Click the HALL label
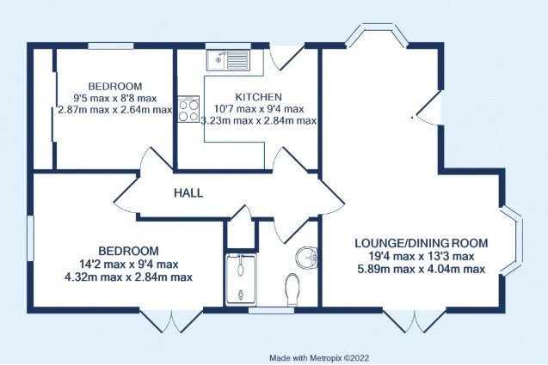188,193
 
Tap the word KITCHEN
258,97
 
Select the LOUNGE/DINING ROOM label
422,243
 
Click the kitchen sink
228,60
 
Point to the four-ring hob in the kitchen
188,109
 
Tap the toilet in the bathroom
292,289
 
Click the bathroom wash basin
306,258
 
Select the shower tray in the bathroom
241,280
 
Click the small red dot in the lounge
412,118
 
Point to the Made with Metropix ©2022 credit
319,358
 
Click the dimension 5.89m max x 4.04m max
422,270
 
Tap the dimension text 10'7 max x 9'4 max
258,109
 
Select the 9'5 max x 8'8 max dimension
115,99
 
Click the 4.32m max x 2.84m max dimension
128,277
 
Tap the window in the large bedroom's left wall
30,239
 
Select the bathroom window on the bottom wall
272,310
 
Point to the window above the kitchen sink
228,46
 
